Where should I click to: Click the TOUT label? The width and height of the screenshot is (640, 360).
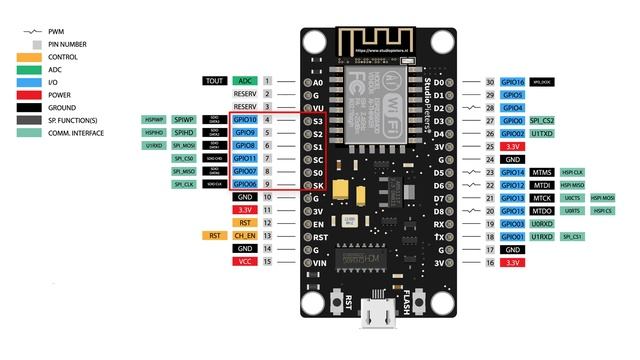[213, 80]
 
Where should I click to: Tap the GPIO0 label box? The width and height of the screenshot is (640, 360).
[513, 120]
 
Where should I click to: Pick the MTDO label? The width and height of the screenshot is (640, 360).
[543, 211]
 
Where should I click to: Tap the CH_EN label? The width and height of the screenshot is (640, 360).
[245, 236]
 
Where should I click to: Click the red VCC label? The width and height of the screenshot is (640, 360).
[245, 262]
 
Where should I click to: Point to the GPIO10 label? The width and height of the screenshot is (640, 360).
[245, 120]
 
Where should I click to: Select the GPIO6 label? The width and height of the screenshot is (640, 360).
[245, 184]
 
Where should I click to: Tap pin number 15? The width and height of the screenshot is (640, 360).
[268, 262]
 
